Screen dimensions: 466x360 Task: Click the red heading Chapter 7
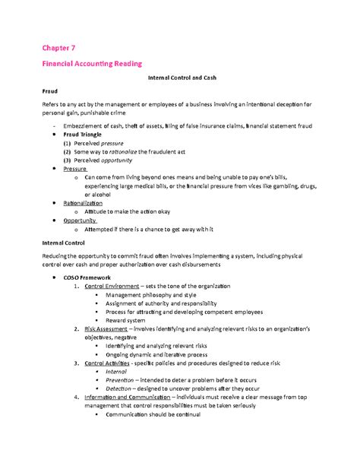63,46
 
